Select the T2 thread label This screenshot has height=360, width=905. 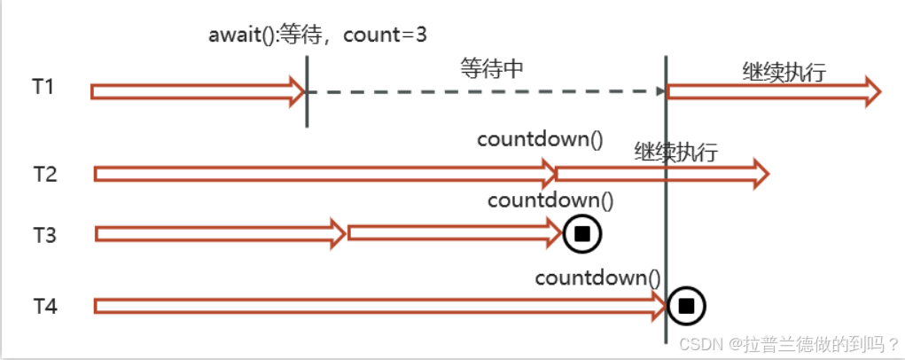pos(44,173)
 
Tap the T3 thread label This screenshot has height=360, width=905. pos(44,235)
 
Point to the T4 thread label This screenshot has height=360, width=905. pos(44,306)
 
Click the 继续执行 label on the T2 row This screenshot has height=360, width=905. pos(675,151)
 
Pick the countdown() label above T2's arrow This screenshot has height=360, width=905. pos(539,139)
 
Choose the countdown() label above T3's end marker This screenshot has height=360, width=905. pos(550,200)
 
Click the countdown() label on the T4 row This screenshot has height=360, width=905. pos(598,278)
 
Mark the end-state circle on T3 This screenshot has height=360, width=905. pos(582,233)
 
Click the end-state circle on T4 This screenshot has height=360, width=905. pos(686,306)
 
